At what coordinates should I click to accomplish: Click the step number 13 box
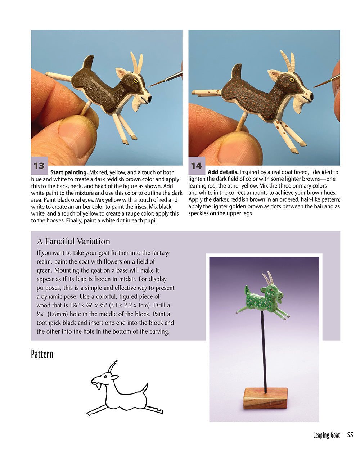pyautogui.click(x=39, y=166)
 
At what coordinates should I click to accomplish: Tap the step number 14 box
pyautogui.click(x=196, y=166)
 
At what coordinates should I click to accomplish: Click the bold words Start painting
pyautogui.click(x=69, y=172)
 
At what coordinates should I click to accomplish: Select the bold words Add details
pyautogui.click(x=223, y=172)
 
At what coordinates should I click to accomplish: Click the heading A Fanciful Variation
pyautogui.click(x=73, y=241)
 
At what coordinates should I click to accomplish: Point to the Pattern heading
pyautogui.click(x=42, y=354)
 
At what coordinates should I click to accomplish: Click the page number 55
pyautogui.click(x=350, y=435)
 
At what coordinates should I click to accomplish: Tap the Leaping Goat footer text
pyautogui.click(x=326, y=435)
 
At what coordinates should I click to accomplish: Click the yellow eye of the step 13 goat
pyautogui.click(x=136, y=81)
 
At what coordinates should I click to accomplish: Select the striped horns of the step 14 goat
pyautogui.click(x=289, y=61)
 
